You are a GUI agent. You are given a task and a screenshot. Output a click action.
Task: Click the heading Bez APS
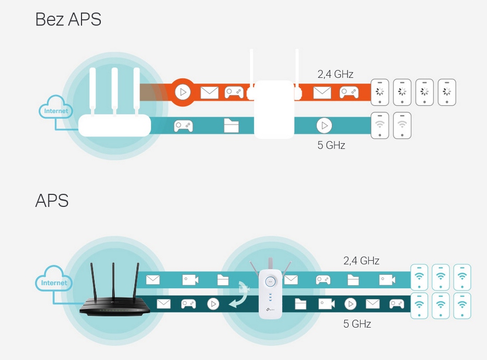click(68, 19)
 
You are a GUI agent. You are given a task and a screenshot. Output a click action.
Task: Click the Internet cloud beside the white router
click(56, 107)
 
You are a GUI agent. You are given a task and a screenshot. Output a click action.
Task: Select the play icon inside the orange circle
click(183, 92)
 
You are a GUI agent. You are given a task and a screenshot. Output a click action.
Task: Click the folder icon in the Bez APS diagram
click(231, 125)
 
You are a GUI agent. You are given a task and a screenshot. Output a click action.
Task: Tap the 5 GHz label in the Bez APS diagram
click(331, 145)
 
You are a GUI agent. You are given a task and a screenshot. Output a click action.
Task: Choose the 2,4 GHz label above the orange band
click(335, 74)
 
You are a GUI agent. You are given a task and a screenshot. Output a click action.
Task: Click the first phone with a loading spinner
click(380, 92)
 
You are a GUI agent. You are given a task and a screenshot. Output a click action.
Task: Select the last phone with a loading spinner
click(447, 92)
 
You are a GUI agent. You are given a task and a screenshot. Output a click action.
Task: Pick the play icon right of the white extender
click(324, 125)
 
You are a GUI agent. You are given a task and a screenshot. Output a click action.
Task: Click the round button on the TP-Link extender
click(270, 282)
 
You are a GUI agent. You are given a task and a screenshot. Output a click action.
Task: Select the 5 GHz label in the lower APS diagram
click(357, 324)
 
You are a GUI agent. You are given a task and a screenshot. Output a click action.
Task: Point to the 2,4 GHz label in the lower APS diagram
click(361, 261)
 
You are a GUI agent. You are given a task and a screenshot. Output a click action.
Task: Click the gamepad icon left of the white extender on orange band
click(234, 92)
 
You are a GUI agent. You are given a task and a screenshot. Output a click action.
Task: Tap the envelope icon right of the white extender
click(322, 92)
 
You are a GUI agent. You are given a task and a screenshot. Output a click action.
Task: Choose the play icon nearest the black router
click(213, 304)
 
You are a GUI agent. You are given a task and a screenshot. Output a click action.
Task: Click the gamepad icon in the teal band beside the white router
click(183, 125)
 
